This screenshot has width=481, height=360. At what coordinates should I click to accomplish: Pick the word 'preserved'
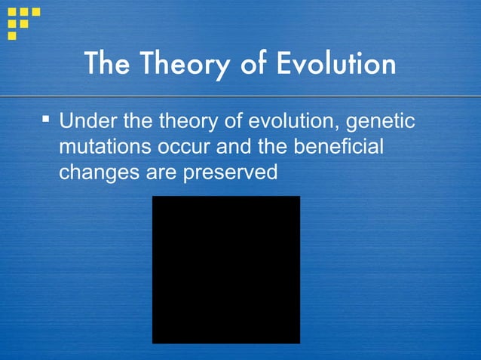pyautogui.click(x=231, y=172)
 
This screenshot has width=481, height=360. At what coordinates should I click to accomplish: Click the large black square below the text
pyautogui.click(x=226, y=270)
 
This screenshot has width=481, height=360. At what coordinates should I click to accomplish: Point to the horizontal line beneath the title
pyautogui.click(x=240, y=96)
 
